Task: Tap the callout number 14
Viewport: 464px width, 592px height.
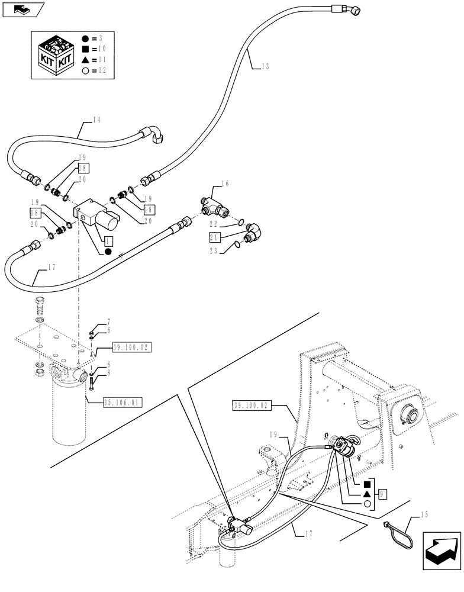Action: tap(96, 120)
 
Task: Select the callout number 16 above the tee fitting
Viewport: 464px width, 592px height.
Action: tap(224, 184)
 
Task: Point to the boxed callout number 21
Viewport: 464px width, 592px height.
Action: tap(215, 237)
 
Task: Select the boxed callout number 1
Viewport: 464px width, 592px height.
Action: tap(107, 242)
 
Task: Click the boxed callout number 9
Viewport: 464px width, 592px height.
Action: tap(384, 493)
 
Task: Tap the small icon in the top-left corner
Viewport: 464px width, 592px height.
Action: tap(23, 9)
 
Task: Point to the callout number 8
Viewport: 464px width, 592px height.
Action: tap(108, 374)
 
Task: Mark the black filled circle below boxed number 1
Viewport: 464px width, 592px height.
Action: tap(108, 252)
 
